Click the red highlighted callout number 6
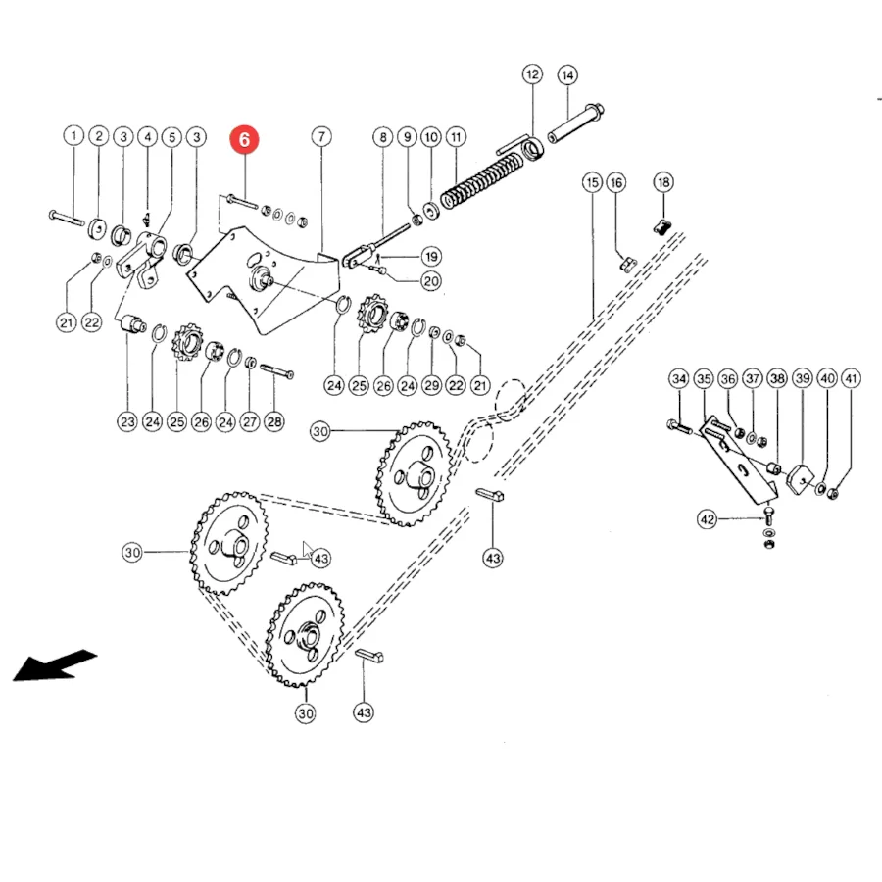(244, 139)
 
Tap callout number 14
(567, 74)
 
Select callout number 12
(532, 74)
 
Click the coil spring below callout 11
(482, 180)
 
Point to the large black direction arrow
(54, 665)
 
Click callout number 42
(708, 519)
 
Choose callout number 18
(663, 182)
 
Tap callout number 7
(321, 136)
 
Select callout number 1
(73, 135)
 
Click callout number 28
(274, 421)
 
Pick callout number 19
(431, 257)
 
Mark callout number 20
(431, 280)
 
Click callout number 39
(803, 378)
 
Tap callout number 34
(679, 378)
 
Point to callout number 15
(592, 182)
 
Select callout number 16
(616, 182)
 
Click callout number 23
(127, 421)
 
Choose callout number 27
(250, 421)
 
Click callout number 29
(432, 385)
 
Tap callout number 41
(852, 378)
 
